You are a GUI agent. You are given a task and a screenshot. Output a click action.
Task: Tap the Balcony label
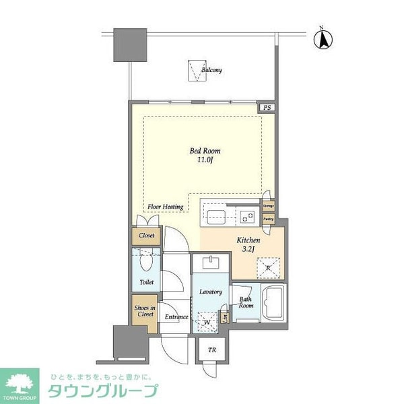(211, 70)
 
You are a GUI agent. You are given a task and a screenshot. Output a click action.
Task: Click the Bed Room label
(205, 151)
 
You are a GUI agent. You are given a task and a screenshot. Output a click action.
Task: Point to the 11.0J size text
(205, 161)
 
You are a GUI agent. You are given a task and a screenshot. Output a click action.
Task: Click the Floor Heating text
(166, 207)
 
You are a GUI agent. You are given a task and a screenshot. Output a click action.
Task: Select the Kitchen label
(248, 240)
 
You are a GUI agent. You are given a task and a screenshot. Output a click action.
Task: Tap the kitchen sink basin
(216, 216)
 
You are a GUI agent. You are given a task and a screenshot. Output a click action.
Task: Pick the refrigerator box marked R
(267, 267)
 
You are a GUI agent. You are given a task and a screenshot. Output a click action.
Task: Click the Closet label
(147, 236)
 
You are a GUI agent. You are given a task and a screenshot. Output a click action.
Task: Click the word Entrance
(176, 316)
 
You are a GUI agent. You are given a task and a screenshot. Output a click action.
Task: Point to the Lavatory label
(211, 292)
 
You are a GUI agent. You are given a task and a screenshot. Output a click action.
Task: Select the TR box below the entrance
(211, 349)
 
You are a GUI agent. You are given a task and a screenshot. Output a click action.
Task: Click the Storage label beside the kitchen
(268, 205)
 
